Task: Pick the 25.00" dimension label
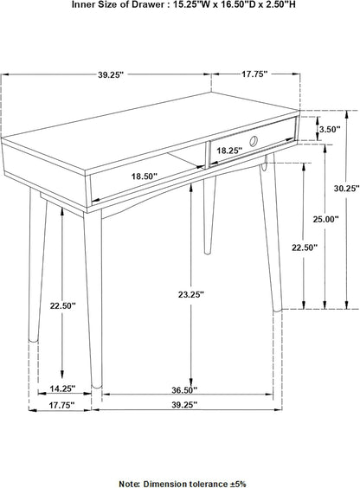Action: coord(327,220)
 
